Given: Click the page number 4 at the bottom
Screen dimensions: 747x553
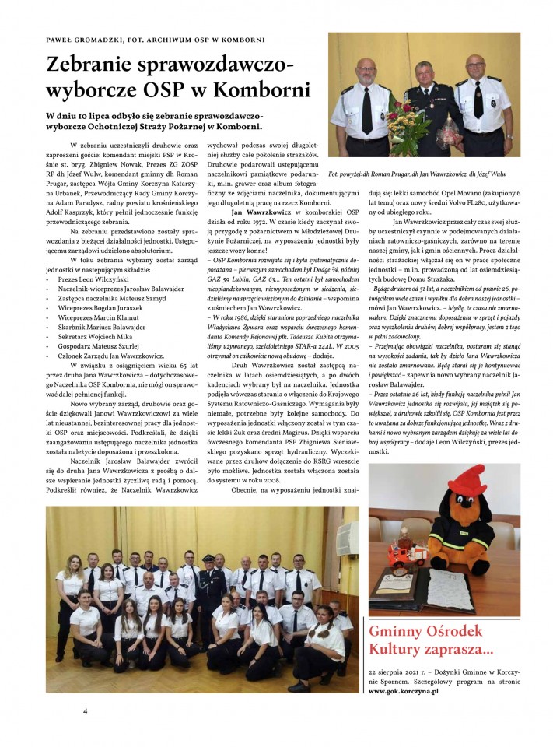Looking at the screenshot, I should (86, 710).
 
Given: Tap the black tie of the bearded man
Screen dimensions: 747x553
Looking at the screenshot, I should (366, 110).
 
